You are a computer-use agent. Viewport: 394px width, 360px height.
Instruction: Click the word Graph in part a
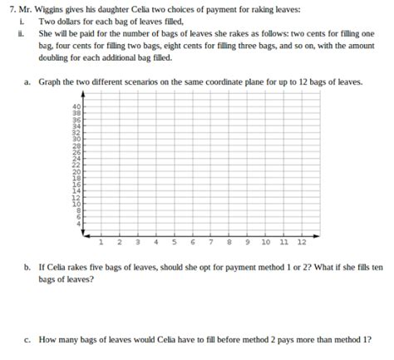point(51,83)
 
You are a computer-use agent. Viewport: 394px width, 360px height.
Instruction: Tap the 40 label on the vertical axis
point(76,106)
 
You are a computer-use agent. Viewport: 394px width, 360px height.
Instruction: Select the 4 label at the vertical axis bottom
point(78,224)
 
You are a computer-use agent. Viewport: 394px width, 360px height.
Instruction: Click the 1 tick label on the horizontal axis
point(100,243)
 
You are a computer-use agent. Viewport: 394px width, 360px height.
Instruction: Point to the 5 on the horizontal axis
point(175,243)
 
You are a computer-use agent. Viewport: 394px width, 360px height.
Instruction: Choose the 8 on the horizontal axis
point(229,243)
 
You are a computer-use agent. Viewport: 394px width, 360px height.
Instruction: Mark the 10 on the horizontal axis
point(265,243)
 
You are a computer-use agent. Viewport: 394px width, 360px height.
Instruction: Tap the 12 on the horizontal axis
point(301,243)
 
